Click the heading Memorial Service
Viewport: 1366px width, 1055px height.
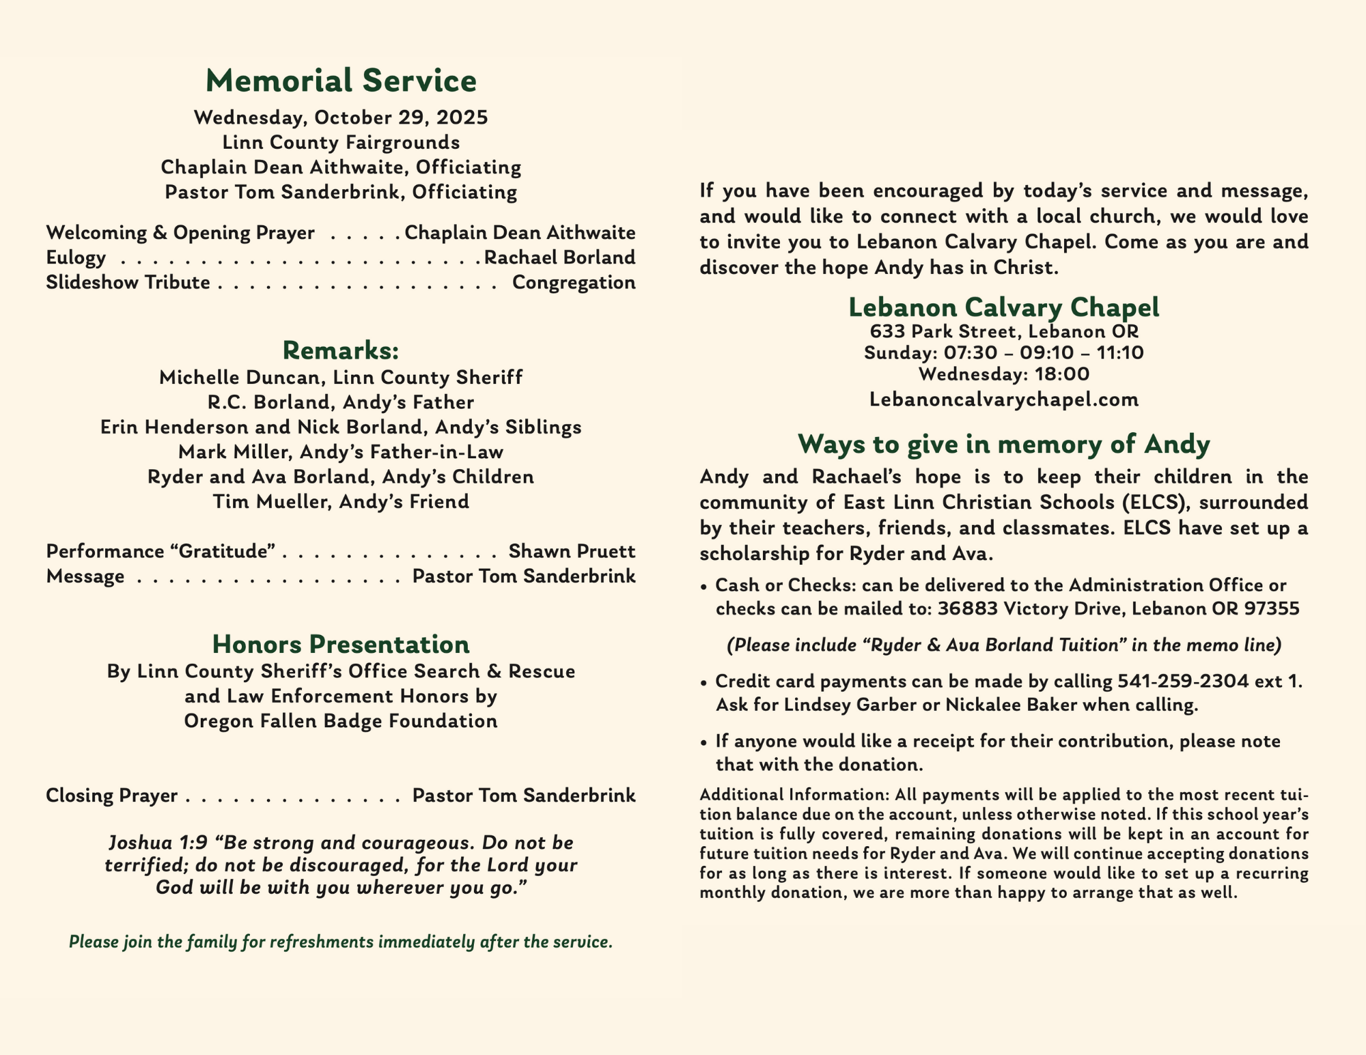(x=341, y=81)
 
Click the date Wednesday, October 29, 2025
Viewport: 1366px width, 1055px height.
(x=341, y=117)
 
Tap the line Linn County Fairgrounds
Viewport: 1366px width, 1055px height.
(x=341, y=143)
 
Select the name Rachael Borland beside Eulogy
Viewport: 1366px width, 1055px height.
(x=559, y=257)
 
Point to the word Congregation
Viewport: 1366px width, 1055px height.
(x=574, y=283)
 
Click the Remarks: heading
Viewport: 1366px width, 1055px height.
(x=341, y=350)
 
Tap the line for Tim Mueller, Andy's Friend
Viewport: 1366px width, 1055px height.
(x=341, y=502)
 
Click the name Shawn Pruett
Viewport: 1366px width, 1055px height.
(x=572, y=551)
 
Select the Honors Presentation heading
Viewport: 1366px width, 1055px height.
(x=341, y=644)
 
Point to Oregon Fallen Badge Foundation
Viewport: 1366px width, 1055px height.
(x=341, y=721)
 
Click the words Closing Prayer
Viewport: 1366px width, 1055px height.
(x=112, y=796)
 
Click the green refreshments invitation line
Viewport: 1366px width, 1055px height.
(x=341, y=942)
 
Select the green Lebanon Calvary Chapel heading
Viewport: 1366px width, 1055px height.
(x=1004, y=307)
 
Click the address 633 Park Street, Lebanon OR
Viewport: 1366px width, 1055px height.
(x=1004, y=332)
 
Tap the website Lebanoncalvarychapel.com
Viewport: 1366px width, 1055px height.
(x=1004, y=399)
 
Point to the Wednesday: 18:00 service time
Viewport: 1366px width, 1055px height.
(x=1004, y=374)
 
